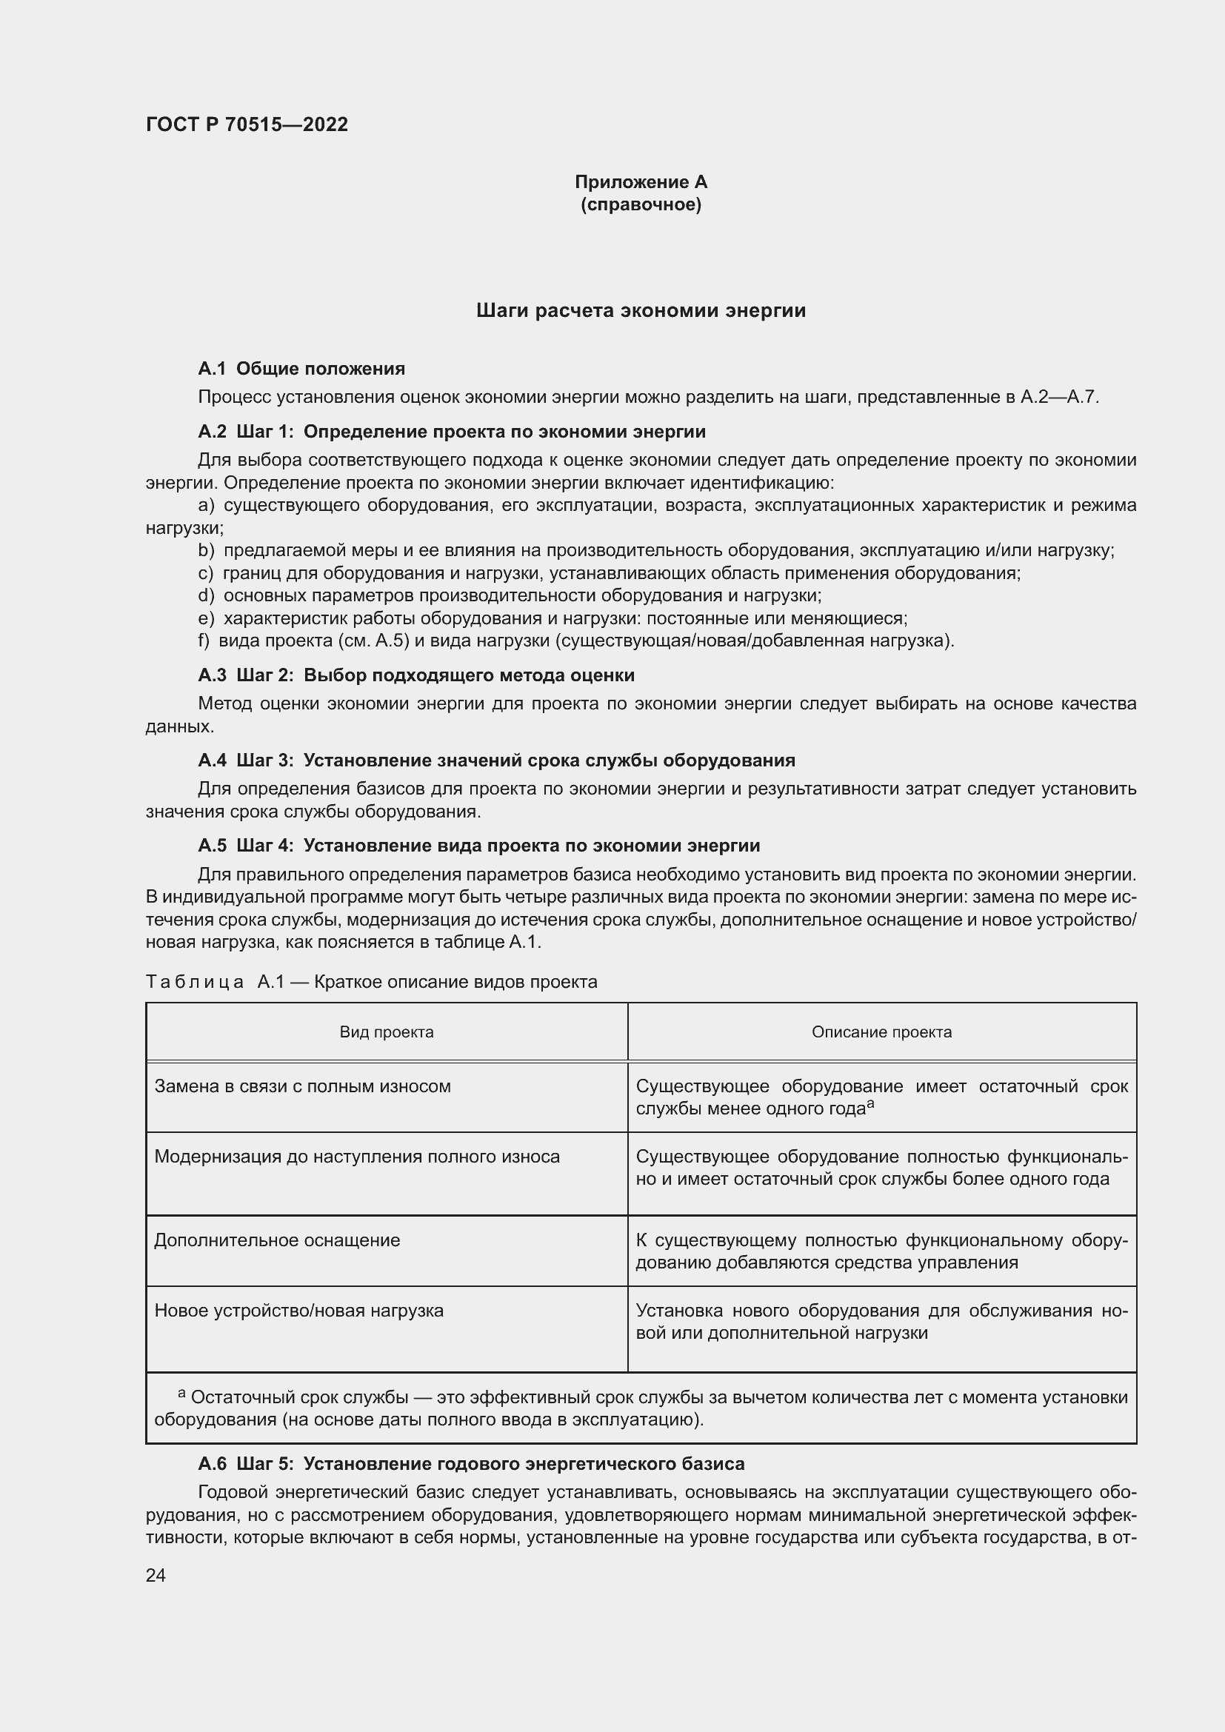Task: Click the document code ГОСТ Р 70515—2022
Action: (247, 124)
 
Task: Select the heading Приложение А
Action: (641, 182)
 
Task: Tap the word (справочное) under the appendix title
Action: (641, 204)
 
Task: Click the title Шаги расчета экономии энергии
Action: (641, 311)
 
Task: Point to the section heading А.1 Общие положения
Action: (301, 369)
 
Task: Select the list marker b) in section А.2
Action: (206, 551)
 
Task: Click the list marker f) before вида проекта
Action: (204, 641)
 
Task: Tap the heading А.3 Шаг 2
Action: (415, 675)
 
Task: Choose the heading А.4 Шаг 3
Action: (496, 760)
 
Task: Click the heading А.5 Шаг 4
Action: (478, 846)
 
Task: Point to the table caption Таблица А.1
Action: (371, 982)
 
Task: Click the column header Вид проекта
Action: (386, 1032)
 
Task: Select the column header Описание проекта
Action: (881, 1032)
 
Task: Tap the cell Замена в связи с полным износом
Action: (302, 1086)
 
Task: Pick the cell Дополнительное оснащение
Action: (277, 1240)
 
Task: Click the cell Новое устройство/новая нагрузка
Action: (298, 1311)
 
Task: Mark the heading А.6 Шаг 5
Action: (471, 1464)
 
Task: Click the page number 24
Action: (156, 1576)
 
